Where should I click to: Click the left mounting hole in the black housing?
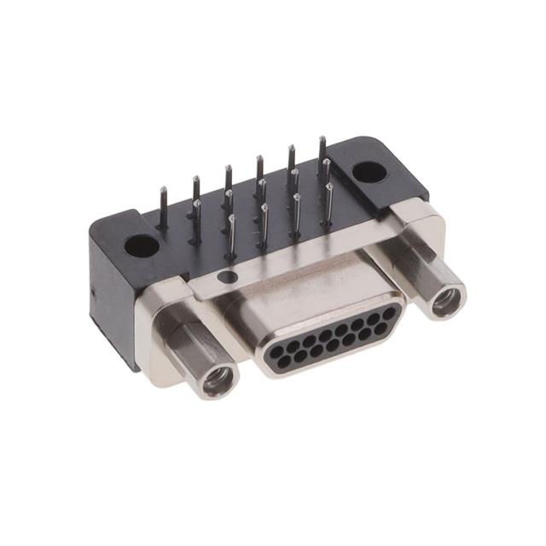pyautogui.click(x=142, y=247)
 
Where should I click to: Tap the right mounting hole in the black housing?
pyautogui.click(x=369, y=171)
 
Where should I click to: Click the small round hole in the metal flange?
pyautogui.click(x=226, y=276)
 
